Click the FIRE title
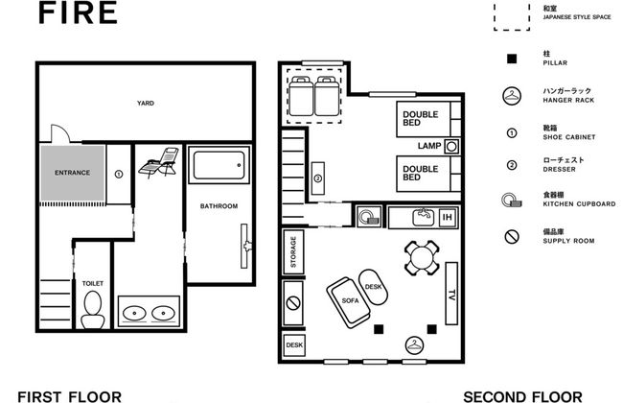[x=78, y=12]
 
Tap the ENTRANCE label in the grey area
[x=72, y=173]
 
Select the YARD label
[x=146, y=103]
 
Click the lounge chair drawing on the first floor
[x=158, y=162]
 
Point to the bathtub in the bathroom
[x=219, y=165]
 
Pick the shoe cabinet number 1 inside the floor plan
[x=119, y=174]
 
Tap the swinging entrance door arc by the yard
[x=60, y=132]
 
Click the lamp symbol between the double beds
[x=451, y=147]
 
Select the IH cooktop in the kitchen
[x=447, y=217]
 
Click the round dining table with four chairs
[x=422, y=258]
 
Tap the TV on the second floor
[x=451, y=294]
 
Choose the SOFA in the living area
[x=349, y=302]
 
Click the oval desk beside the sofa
[x=373, y=287]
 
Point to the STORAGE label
[x=293, y=251]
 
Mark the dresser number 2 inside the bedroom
[x=318, y=178]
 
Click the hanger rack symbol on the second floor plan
[x=414, y=344]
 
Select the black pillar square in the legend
[x=512, y=59]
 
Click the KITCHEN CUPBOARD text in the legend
[x=579, y=204]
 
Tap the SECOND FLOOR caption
[x=522, y=397]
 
